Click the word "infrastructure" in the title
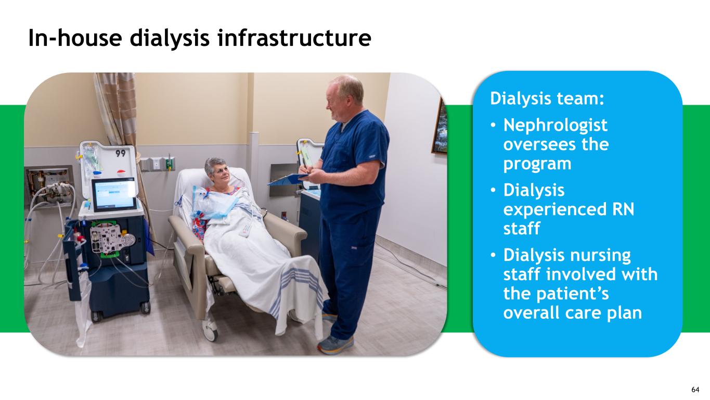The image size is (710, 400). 294,38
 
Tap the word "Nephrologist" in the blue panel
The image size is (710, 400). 556,125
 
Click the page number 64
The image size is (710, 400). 695,390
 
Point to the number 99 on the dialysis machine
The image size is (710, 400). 121,153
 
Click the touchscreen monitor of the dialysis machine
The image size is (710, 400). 113,194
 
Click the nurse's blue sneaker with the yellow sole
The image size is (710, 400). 335,345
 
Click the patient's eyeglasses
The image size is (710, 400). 222,172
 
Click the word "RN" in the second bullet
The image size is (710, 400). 623,209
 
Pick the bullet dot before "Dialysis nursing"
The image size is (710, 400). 493,255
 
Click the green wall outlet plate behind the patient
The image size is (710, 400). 169,164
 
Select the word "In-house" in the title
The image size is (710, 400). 75,38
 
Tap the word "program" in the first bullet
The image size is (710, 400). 537,165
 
